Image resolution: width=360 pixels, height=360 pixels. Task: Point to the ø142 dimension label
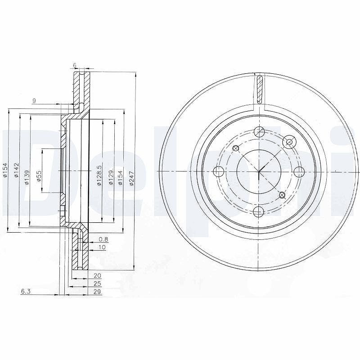(16, 170)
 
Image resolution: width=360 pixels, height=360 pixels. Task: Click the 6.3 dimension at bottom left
(26, 291)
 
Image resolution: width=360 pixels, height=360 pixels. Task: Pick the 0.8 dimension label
(103, 239)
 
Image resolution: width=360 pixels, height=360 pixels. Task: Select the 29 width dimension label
(98, 292)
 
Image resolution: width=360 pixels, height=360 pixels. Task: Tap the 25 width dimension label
(98, 283)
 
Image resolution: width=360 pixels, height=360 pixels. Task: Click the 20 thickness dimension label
(98, 275)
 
